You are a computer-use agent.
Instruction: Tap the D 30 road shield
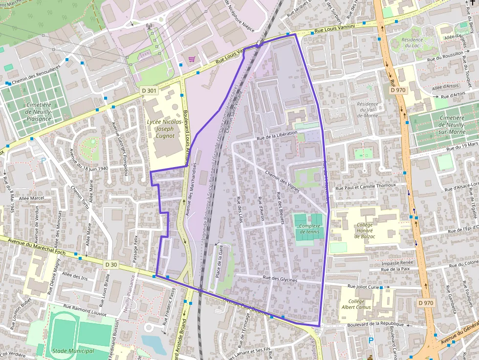coord(111,264)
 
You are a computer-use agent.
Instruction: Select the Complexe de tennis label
coord(309,229)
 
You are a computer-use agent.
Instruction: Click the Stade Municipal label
coord(72,351)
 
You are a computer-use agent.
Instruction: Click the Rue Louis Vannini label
coord(334,31)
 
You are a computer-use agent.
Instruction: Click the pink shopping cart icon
coord(192,59)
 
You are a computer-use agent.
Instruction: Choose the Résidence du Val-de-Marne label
coord(367,110)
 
